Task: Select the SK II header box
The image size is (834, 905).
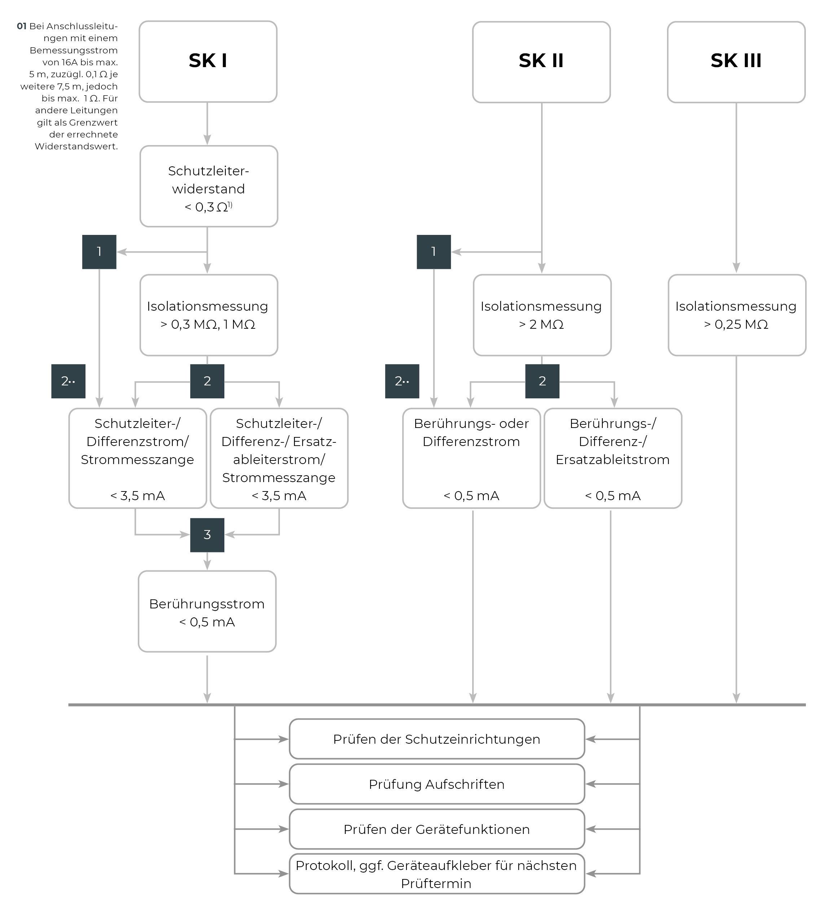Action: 541,61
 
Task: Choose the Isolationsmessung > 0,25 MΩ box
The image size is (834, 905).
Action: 737,315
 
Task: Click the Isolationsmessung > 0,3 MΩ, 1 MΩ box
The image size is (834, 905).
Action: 208,315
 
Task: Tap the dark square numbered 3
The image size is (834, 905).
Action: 207,535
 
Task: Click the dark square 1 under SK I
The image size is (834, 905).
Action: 99,252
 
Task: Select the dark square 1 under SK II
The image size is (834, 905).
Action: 434,252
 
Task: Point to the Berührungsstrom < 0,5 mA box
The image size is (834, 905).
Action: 207,612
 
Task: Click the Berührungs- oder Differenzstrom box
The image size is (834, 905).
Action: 471,458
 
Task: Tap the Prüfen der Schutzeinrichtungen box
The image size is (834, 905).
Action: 436,739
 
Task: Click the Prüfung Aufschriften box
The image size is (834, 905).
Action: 436,784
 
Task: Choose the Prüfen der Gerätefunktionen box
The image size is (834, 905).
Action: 436,829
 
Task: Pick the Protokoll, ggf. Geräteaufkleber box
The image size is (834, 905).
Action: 436,874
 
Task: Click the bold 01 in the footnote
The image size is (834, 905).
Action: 22,26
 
